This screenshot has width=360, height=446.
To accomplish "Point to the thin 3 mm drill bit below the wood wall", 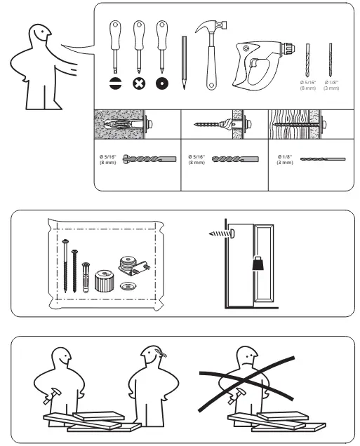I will pyautogui.click(x=323, y=159).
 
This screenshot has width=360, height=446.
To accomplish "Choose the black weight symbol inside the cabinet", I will pyautogui.click(x=255, y=264).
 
